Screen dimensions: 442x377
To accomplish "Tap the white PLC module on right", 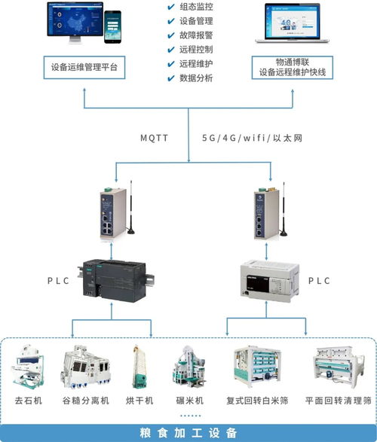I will click(x=268, y=280).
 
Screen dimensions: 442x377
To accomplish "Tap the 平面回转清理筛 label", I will click(x=336, y=399).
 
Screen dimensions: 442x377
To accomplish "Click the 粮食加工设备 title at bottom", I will click(x=188, y=432).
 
